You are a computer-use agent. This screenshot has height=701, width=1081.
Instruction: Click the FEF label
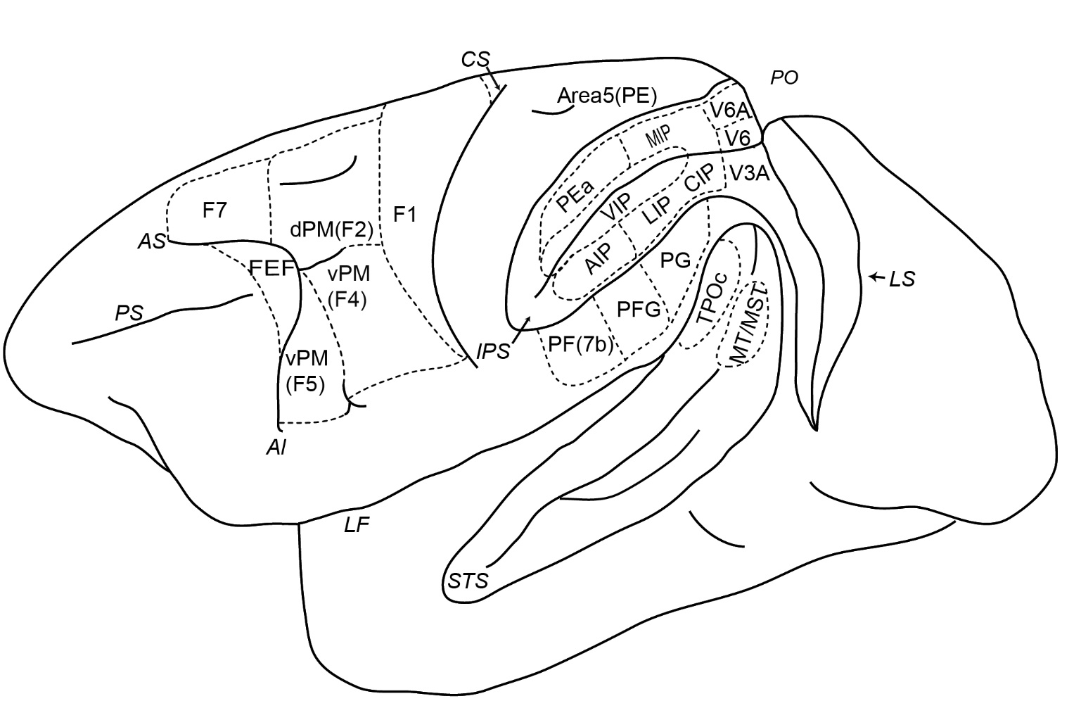271,267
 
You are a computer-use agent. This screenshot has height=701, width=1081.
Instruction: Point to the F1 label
404,215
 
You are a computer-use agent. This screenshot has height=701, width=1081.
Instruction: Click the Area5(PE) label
606,96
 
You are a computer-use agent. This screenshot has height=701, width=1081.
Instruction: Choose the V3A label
750,172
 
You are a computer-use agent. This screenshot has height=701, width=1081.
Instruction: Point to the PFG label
639,308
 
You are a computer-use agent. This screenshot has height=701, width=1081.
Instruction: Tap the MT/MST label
748,328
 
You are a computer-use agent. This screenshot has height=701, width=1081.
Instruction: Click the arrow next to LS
876,278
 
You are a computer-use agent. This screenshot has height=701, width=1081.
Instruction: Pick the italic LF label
357,525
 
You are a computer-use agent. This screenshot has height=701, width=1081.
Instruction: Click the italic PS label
129,312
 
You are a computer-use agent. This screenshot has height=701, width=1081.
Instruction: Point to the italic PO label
784,78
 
